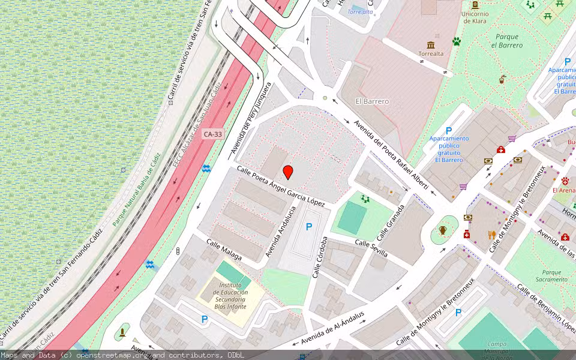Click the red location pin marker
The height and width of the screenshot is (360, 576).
click(x=288, y=172)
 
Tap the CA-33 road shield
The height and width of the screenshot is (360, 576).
click(x=212, y=134)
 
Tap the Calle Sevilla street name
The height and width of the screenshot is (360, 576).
click(x=371, y=248)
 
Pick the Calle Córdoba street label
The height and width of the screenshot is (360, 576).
click(x=320, y=257)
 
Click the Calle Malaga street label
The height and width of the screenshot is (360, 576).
click(x=224, y=250)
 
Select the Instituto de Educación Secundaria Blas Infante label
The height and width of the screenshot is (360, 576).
click(x=230, y=296)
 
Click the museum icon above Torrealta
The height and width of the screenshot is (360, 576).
click(x=431, y=45)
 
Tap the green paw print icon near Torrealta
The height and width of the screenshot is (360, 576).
click(x=457, y=41)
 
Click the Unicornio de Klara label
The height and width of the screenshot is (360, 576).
click(x=475, y=17)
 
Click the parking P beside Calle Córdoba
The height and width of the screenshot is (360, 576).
click(x=309, y=227)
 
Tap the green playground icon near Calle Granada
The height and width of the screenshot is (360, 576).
click(x=365, y=199)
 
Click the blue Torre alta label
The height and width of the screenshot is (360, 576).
click(x=360, y=11)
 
